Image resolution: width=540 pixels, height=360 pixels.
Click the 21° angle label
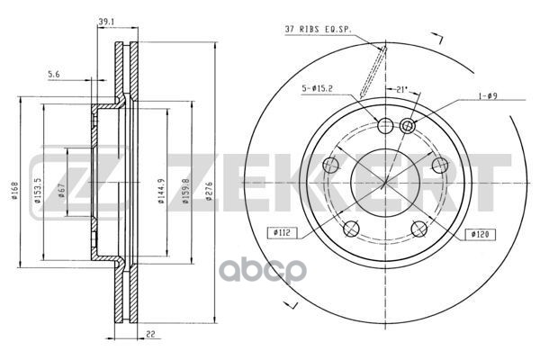point(402,90)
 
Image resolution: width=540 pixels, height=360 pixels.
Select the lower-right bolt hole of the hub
point(419,227)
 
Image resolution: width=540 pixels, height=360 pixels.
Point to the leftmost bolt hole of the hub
point(330,165)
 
